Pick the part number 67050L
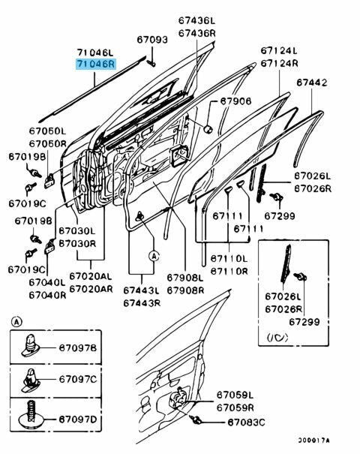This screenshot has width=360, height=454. click(x=48, y=131)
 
